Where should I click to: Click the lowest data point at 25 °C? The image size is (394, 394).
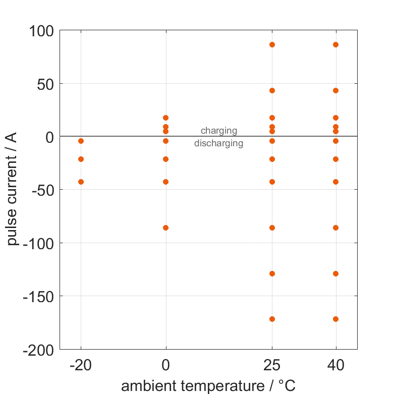(x=272, y=319)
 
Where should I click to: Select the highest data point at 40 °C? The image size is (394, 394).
(x=335, y=44)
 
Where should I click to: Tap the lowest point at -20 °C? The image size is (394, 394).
(x=81, y=182)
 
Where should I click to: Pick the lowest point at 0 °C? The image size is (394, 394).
(x=165, y=228)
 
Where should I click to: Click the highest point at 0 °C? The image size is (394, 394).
(x=165, y=118)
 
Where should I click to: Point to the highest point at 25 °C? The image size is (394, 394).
(x=272, y=44)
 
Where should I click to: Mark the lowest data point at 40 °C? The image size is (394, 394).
(x=335, y=319)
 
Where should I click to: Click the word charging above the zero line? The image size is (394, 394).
(x=219, y=131)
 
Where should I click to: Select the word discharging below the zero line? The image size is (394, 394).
(x=219, y=143)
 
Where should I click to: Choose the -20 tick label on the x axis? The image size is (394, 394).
(x=81, y=365)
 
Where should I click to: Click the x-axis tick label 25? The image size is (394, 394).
(x=272, y=365)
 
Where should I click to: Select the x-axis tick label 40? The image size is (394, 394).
(x=335, y=365)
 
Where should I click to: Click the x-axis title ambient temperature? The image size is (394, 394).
(x=208, y=386)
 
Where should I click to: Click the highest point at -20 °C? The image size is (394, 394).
(x=81, y=141)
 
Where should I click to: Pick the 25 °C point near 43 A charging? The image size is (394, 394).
(x=272, y=90)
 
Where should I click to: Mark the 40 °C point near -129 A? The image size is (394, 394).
(x=335, y=273)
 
